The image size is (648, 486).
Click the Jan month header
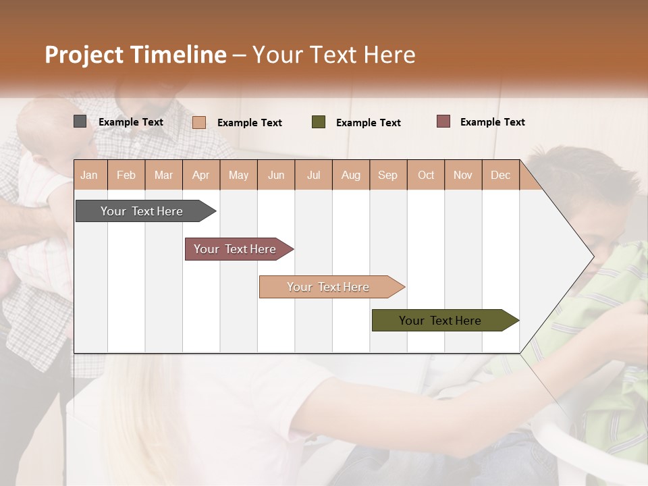point(89,175)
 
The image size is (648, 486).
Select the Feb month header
point(126,175)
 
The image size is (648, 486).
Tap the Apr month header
point(200,175)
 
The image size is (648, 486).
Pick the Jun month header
point(276,175)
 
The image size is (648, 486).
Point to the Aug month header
point(350,175)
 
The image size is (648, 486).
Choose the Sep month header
point(387,175)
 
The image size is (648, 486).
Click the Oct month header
point(426,175)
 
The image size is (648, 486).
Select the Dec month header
point(500,175)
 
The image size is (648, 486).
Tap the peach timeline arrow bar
point(329,287)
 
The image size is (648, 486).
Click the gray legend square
point(80,122)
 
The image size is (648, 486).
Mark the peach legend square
point(199,122)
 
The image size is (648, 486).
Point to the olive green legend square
point(319,122)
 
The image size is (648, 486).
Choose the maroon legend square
point(443,122)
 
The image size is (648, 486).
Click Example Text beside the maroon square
point(492,122)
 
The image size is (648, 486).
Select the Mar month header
point(163,175)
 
